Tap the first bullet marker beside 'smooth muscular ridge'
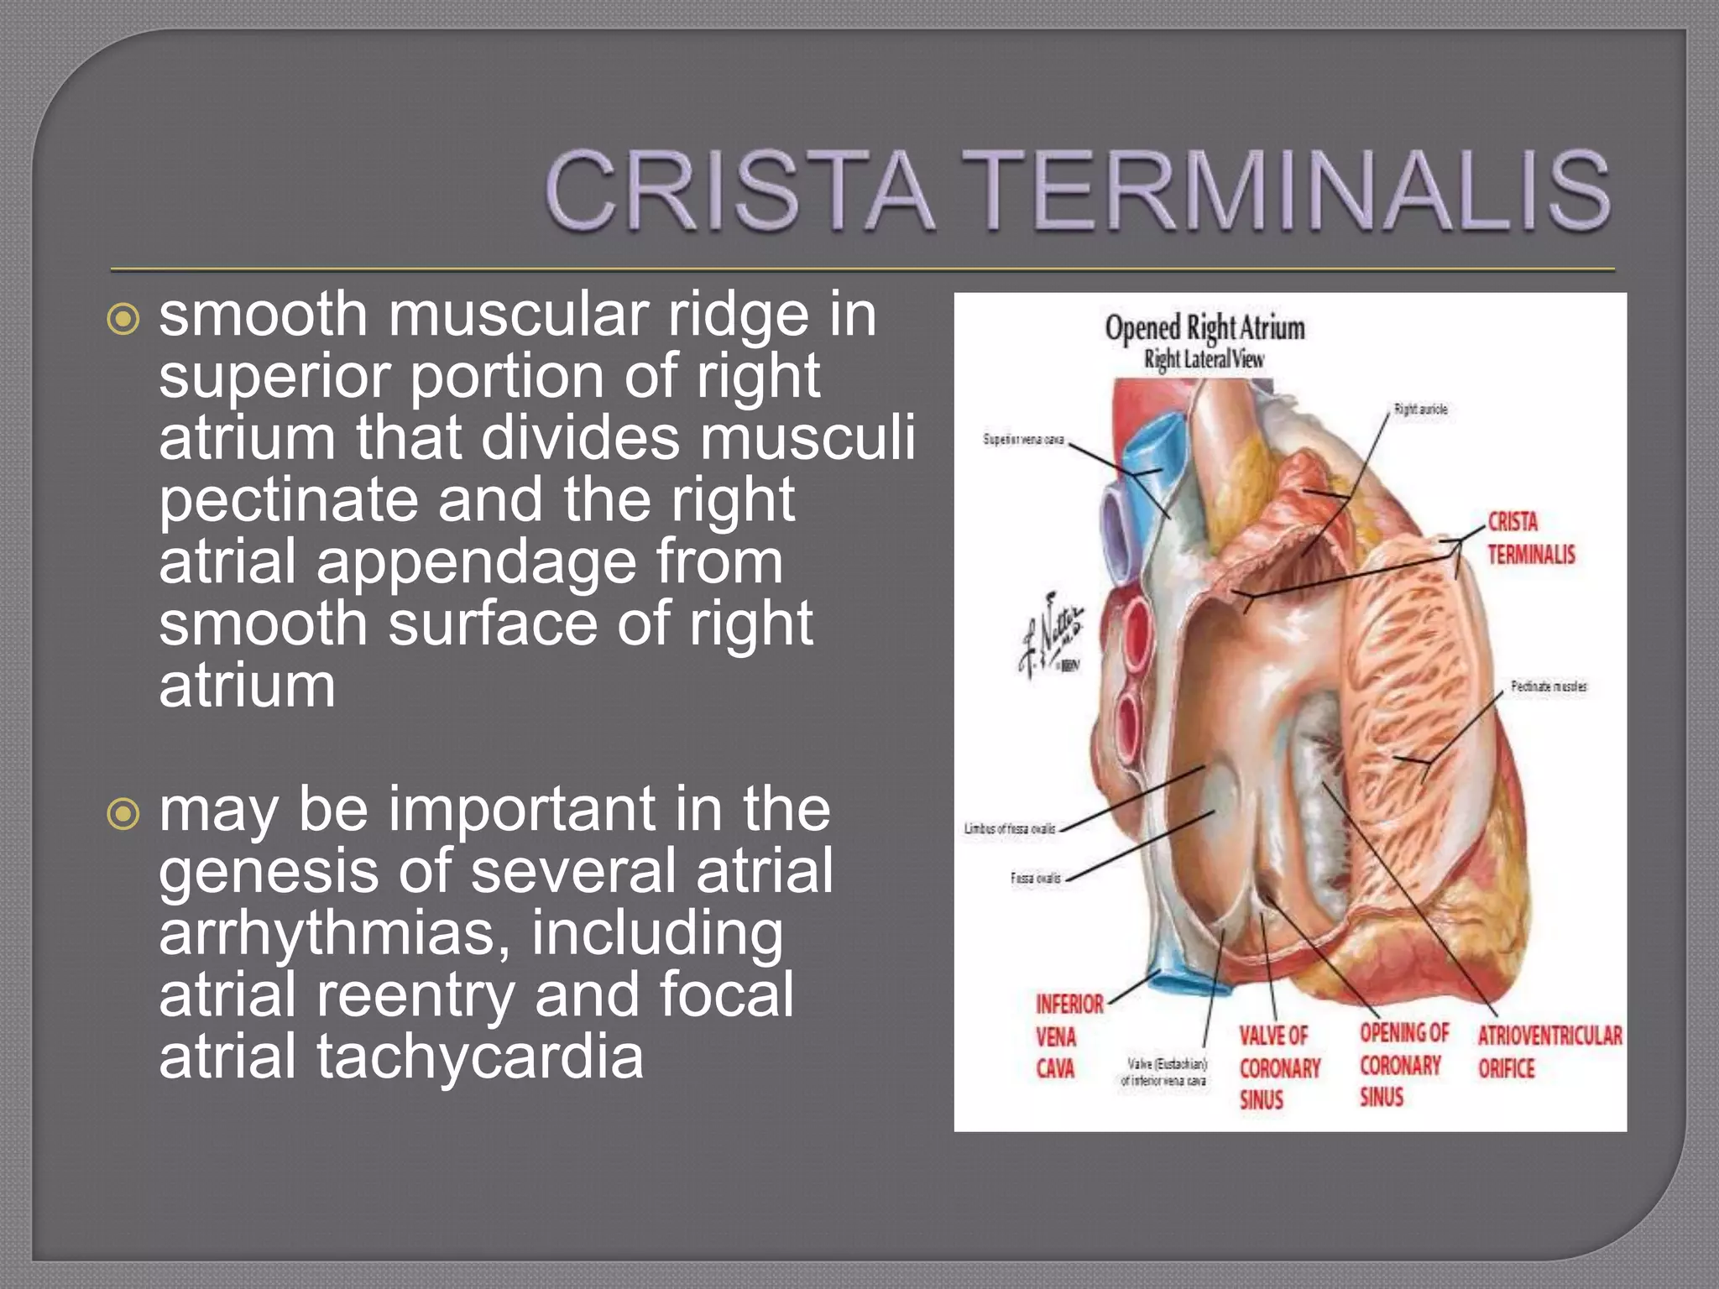(123, 319)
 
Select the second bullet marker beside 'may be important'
(123, 813)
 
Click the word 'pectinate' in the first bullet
(288, 501)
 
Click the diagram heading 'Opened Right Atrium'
(1204, 328)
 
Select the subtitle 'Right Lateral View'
(1204, 360)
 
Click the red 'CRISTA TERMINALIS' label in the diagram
(1531, 538)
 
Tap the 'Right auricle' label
(1420, 410)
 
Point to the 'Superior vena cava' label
(1023, 440)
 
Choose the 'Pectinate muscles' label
(1549, 686)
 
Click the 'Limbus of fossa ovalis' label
(1009, 829)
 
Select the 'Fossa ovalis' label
(1035, 879)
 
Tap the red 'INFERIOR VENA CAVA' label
(1068, 1036)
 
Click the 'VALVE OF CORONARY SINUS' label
(1278, 1068)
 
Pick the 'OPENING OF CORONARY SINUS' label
(1403, 1065)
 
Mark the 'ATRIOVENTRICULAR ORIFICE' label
(1549, 1052)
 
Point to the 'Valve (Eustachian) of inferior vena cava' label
(1164, 1072)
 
